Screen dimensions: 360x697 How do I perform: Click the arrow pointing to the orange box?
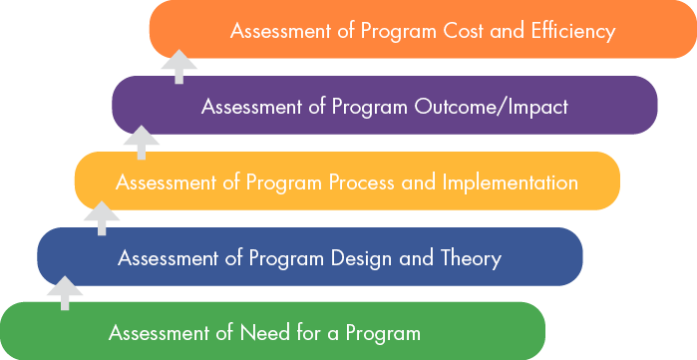pyautogui.click(x=179, y=67)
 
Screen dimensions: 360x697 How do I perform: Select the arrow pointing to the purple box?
pyautogui.click(x=143, y=142)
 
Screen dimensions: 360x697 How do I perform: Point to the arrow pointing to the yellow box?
pyautogui.click(x=102, y=217)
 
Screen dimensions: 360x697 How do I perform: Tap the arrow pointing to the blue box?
pyautogui.click(x=66, y=293)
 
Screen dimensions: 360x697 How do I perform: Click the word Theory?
pyautogui.click(x=470, y=258)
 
